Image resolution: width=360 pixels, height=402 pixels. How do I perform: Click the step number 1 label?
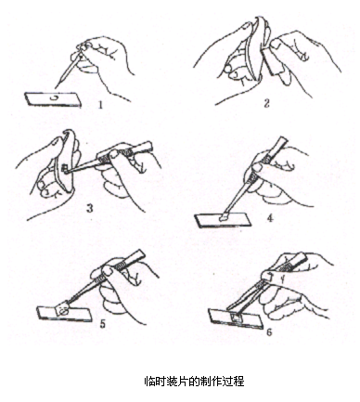coord(99,105)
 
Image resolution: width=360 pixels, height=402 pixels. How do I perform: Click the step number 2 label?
coord(266,103)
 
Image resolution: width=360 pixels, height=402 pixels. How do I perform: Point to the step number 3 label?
coord(90,208)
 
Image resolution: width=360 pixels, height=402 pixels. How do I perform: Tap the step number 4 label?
coord(270,218)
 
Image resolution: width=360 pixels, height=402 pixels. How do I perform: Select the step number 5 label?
coord(102,324)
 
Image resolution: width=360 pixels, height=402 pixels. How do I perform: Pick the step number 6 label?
coord(269,332)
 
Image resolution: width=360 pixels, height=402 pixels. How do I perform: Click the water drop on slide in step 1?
coord(54,97)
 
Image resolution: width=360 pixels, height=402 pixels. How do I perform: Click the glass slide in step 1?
coord(53,99)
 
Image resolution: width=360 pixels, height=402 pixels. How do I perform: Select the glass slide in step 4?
coord(223,220)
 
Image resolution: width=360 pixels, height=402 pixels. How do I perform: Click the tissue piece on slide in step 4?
coord(224,218)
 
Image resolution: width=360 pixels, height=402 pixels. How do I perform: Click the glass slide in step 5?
coord(64,313)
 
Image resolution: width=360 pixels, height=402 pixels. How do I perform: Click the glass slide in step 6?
coord(236,318)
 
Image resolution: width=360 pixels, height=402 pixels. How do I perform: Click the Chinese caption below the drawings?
coord(195,382)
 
